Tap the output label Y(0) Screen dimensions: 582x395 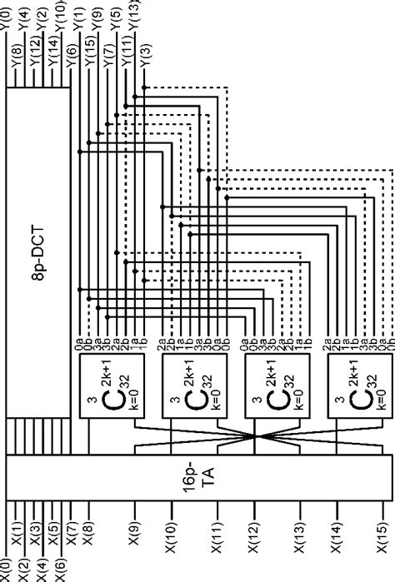[x=8, y=14]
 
